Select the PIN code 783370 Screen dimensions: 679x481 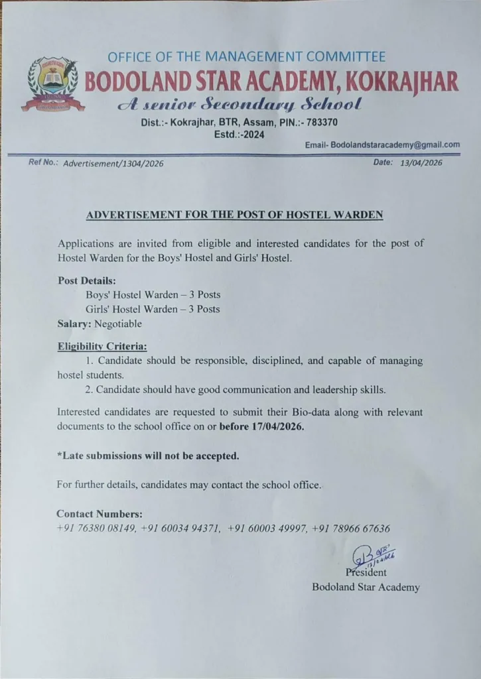[x=320, y=122]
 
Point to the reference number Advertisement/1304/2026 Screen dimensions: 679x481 [x=113, y=163]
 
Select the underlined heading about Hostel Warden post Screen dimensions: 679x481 [x=235, y=215]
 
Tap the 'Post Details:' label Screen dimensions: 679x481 [x=86, y=280]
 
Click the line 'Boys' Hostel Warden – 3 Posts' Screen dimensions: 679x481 [x=153, y=294]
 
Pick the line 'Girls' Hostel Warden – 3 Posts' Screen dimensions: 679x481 [x=153, y=309]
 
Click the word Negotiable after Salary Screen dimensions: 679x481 [x=118, y=324]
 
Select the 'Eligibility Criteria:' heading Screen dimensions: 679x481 [x=102, y=346]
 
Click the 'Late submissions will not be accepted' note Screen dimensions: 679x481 [x=148, y=456]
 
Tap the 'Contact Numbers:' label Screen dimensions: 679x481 [x=100, y=514]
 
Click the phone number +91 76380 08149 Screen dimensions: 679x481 [x=97, y=528]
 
